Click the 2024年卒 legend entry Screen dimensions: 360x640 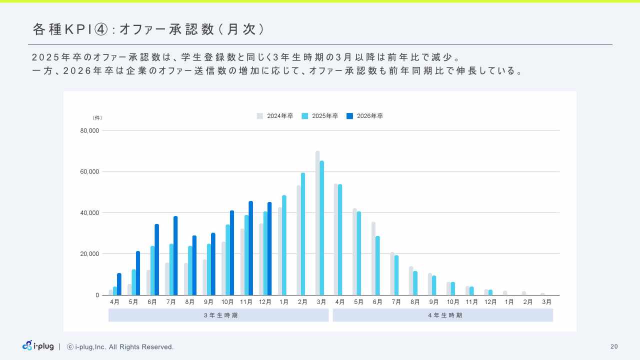tap(275, 116)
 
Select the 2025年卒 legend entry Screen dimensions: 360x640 tap(320, 116)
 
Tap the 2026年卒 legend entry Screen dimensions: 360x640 tap(365, 116)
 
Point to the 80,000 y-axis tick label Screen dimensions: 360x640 tap(90, 131)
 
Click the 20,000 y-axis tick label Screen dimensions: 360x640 tap(90, 254)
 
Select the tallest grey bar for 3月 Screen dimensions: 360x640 tap(317, 223)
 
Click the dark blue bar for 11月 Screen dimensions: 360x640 tap(250, 248)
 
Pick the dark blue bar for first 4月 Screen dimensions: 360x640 tap(119, 284)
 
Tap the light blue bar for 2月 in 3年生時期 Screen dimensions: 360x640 tap(303, 234)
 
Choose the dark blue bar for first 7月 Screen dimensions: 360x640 tap(175, 255)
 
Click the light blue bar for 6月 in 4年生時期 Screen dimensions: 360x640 tap(377, 265)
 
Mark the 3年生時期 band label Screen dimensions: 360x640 tap(218, 315)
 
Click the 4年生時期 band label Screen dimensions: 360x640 tap(442, 315)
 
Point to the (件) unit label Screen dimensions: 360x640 tap(97, 118)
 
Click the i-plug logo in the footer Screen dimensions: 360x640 tap(38, 346)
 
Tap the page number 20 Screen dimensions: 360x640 tap(614, 346)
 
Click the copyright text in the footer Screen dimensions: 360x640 tap(120, 347)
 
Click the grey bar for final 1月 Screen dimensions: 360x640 tap(505, 293)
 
